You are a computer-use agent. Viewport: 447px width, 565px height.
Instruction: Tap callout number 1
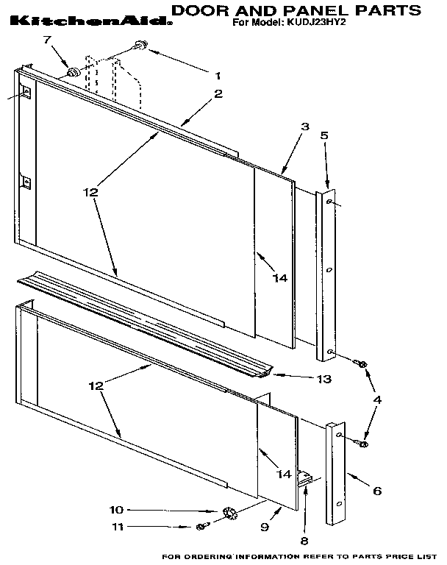point(218,74)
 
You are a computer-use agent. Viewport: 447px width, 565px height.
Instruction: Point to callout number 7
point(49,40)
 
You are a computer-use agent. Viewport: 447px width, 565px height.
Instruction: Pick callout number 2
point(218,93)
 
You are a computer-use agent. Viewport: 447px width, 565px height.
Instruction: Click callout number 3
point(304,127)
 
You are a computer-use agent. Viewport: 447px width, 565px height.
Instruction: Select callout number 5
point(324,135)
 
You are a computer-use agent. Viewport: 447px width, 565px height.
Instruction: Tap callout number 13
point(323,380)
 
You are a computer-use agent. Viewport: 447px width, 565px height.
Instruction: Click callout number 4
point(378,400)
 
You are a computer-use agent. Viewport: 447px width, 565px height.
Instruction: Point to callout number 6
point(376,490)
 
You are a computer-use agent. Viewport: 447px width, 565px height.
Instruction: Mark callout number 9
point(265,527)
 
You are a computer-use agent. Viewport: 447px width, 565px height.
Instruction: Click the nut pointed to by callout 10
point(227,511)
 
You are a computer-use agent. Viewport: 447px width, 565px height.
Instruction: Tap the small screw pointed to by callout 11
point(201,526)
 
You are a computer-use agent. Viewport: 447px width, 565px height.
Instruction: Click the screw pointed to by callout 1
point(140,49)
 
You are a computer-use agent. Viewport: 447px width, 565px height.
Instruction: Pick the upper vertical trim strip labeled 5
point(328,276)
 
